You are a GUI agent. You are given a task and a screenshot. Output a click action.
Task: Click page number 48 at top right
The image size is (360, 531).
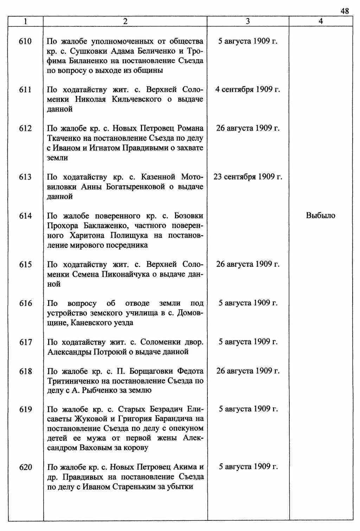coord(345,11)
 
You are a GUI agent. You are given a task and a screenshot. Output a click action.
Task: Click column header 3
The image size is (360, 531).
coord(248,21)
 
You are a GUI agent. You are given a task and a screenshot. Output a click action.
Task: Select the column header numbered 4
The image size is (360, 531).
coord(321,21)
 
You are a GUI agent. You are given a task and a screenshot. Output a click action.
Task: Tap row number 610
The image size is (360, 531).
coord(25,41)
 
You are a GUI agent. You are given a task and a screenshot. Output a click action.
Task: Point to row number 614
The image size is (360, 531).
coord(25,216)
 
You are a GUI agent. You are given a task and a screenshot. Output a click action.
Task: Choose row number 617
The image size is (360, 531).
coord(25,342)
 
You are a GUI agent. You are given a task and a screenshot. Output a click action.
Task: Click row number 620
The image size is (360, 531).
coord(25,467)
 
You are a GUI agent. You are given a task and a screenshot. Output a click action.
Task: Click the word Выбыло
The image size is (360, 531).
coord(321,215)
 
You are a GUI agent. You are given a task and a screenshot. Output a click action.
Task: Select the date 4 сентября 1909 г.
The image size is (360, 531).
coord(248,90)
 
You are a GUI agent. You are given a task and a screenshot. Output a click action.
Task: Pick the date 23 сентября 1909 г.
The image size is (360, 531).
coord(248,177)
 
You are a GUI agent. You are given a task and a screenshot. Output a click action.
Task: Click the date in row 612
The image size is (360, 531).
coord(248,128)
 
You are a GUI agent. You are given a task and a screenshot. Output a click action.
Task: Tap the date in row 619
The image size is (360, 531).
coord(248,409)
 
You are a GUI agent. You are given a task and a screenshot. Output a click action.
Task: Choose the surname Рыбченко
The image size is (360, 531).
coord(99,390)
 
